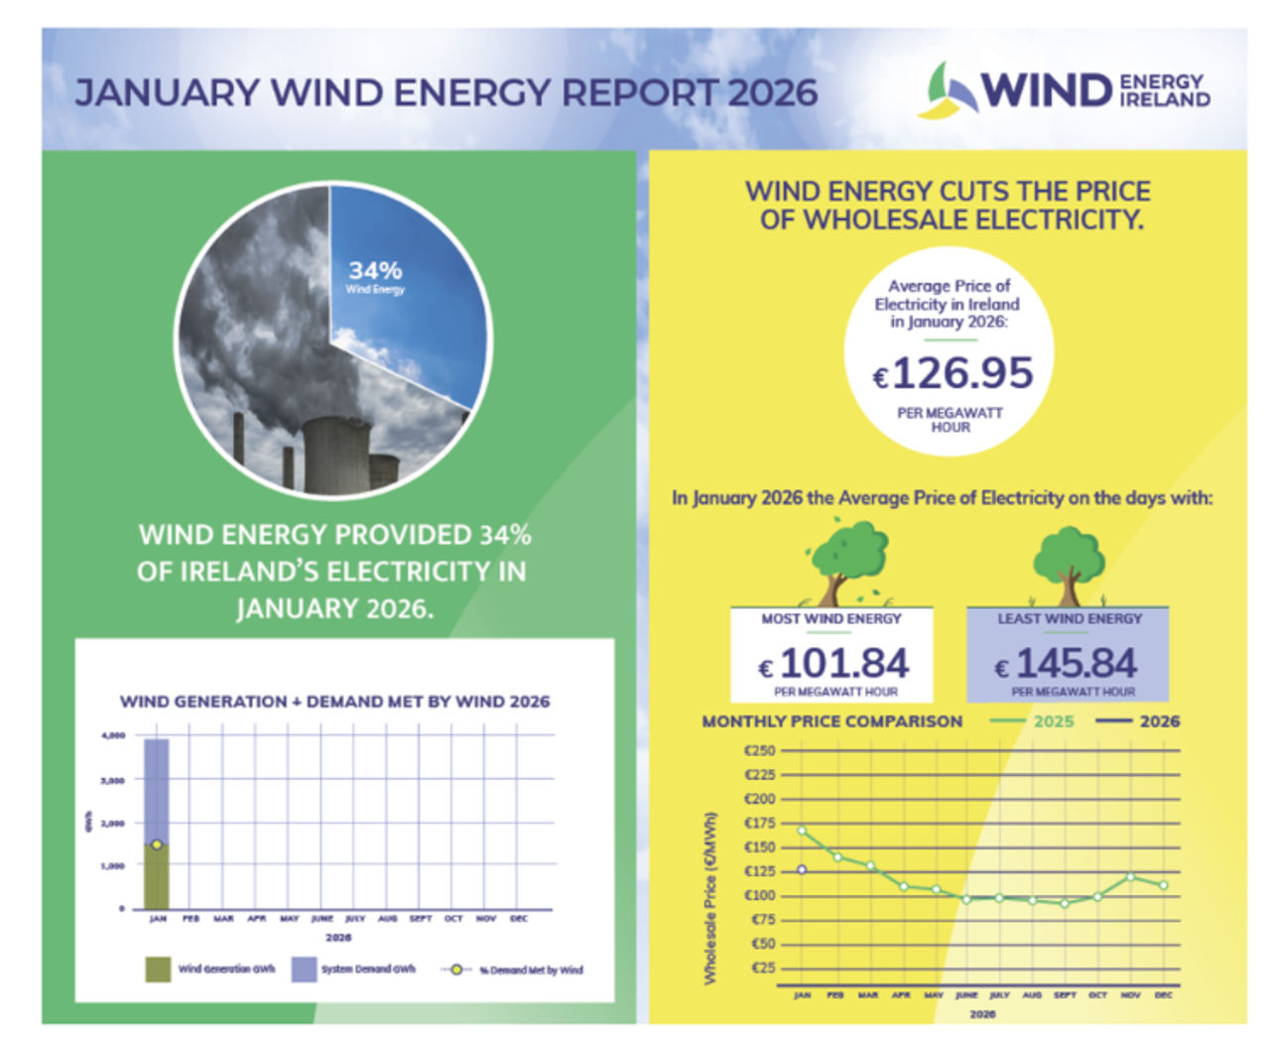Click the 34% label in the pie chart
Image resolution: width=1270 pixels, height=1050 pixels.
click(x=375, y=271)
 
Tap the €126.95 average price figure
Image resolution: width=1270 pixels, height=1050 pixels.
click(x=953, y=374)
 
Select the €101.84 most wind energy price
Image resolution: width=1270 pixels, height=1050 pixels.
click(x=834, y=664)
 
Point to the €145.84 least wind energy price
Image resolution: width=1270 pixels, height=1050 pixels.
click(x=1068, y=664)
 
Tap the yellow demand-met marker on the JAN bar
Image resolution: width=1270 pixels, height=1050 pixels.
click(x=157, y=845)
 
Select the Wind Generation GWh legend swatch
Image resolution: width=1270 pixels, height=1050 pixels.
click(x=158, y=970)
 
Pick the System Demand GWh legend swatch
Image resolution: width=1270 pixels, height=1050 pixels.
click(x=304, y=970)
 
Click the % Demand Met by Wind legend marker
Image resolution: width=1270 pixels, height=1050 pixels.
click(x=455, y=970)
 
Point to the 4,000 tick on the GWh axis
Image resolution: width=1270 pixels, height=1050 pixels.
click(x=113, y=735)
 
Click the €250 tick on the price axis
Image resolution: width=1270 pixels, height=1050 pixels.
click(x=760, y=750)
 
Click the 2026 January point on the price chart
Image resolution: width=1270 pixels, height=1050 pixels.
click(x=802, y=869)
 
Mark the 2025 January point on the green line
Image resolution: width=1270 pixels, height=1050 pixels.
click(x=802, y=831)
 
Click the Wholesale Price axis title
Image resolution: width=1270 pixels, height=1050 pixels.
click(x=709, y=898)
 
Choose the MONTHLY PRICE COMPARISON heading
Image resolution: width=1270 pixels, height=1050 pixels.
click(x=831, y=722)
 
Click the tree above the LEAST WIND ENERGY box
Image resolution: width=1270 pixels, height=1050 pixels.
click(x=1069, y=566)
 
